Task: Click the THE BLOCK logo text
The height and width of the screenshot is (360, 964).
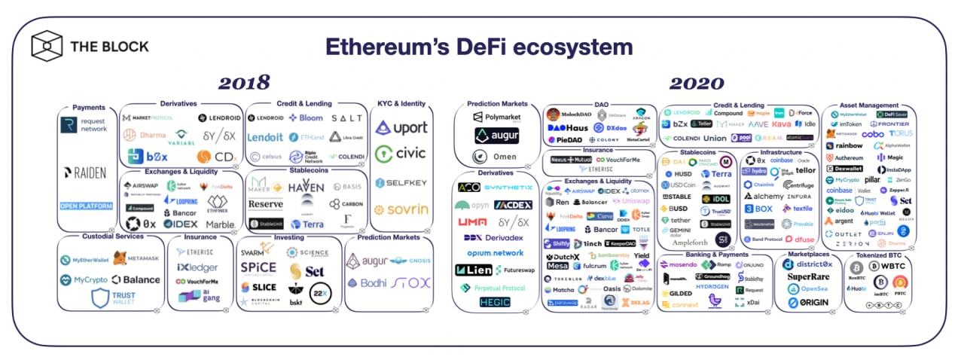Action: pyautogui.click(x=109, y=47)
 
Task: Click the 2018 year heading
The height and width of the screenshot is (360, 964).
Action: pyautogui.click(x=244, y=83)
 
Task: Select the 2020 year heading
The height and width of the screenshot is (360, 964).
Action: pyautogui.click(x=698, y=83)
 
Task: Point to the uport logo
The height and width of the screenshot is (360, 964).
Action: pyautogui.click(x=401, y=128)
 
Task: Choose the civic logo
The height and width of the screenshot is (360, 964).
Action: pyautogui.click(x=401, y=154)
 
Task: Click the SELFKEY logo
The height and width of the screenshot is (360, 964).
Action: pyautogui.click(x=401, y=183)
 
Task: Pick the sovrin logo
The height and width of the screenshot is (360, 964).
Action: pyautogui.click(x=401, y=209)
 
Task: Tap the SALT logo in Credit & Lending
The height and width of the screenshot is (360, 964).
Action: pyautogui.click(x=346, y=118)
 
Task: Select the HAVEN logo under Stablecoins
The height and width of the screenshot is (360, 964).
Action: pyautogui.click(x=306, y=185)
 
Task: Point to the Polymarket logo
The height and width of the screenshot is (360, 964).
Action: pyautogui.click(x=498, y=118)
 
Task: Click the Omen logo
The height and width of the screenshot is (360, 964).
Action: pyautogui.click(x=497, y=157)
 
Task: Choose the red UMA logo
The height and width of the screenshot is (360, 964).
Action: pyautogui.click(x=473, y=222)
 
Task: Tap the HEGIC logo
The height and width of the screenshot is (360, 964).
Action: pyautogui.click(x=494, y=302)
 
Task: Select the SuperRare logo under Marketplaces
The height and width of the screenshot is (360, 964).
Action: pyautogui.click(x=808, y=276)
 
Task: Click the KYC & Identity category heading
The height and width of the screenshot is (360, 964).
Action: pyautogui.click(x=401, y=103)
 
